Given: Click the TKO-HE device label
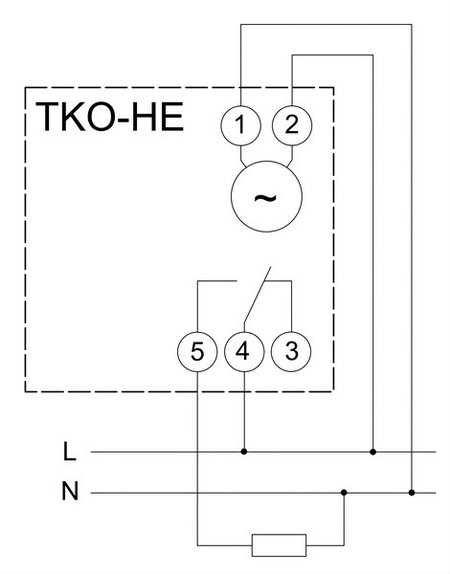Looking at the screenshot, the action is (x=109, y=117).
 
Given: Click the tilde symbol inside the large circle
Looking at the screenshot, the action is (x=265, y=198).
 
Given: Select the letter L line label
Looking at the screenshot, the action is (x=70, y=452).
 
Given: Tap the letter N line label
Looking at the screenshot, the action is (x=70, y=492).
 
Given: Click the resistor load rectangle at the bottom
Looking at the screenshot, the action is (x=279, y=545).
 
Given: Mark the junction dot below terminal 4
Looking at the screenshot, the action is (x=244, y=452).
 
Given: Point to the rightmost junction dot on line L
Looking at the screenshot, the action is (x=373, y=452).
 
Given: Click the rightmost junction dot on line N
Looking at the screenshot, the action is (x=412, y=493).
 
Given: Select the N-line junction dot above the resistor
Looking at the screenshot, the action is (x=344, y=493).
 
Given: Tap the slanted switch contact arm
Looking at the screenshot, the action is (x=258, y=295).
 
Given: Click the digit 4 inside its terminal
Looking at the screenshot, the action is (x=242, y=351).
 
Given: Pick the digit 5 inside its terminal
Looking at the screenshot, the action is (x=197, y=352).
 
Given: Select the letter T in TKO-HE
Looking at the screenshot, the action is (x=47, y=117).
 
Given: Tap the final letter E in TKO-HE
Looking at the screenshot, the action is (x=172, y=117).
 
